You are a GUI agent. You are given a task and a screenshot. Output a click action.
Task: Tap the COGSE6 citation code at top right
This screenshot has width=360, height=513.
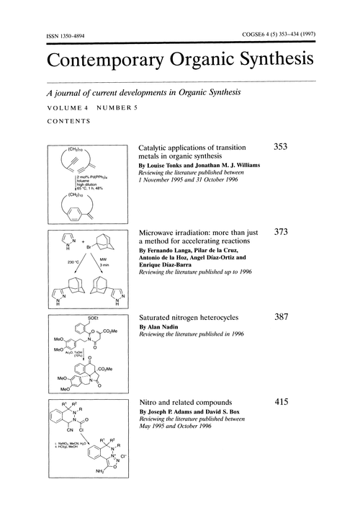[x=260, y=35]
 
